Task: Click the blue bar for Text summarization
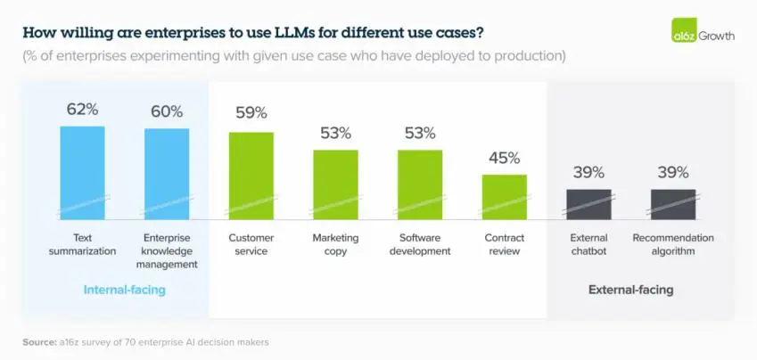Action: pos(82,171)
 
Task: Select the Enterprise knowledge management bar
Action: pos(167,173)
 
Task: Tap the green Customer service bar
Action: pos(251,175)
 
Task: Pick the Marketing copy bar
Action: pos(335,184)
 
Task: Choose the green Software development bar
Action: pos(419,184)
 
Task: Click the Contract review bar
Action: pos(504,196)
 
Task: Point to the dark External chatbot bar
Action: pos(588,203)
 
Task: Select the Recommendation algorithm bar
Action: pos(672,203)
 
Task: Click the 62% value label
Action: pos(82,110)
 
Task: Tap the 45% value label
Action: pos(504,159)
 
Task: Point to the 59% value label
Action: pos(251,114)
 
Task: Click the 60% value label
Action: pos(167,112)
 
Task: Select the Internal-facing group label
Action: pos(124,290)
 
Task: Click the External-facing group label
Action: pos(630,290)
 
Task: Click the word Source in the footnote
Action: pos(40,342)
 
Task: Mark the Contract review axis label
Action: pos(504,244)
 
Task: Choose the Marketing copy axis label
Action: pos(335,244)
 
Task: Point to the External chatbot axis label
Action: pos(588,244)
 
